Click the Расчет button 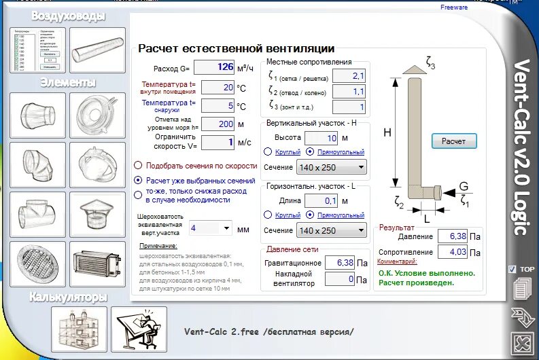click(454, 141)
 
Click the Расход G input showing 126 click(214, 67)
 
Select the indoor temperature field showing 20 click(218, 88)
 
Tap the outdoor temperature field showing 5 click(218, 106)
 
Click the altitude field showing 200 click(218, 124)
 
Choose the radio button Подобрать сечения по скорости click(139, 165)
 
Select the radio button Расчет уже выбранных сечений click(139, 181)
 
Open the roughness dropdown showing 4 click(211, 228)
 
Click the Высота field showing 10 click(321, 138)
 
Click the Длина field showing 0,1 click(321, 200)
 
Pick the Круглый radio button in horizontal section click(268, 215)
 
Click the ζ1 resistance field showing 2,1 click(349, 76)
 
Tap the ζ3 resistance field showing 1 click(349, 107)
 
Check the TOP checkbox click(512, 269)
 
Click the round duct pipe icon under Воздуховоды click(97, 51)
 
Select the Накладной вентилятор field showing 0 click(339, 278)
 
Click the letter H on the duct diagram click(387, 133)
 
